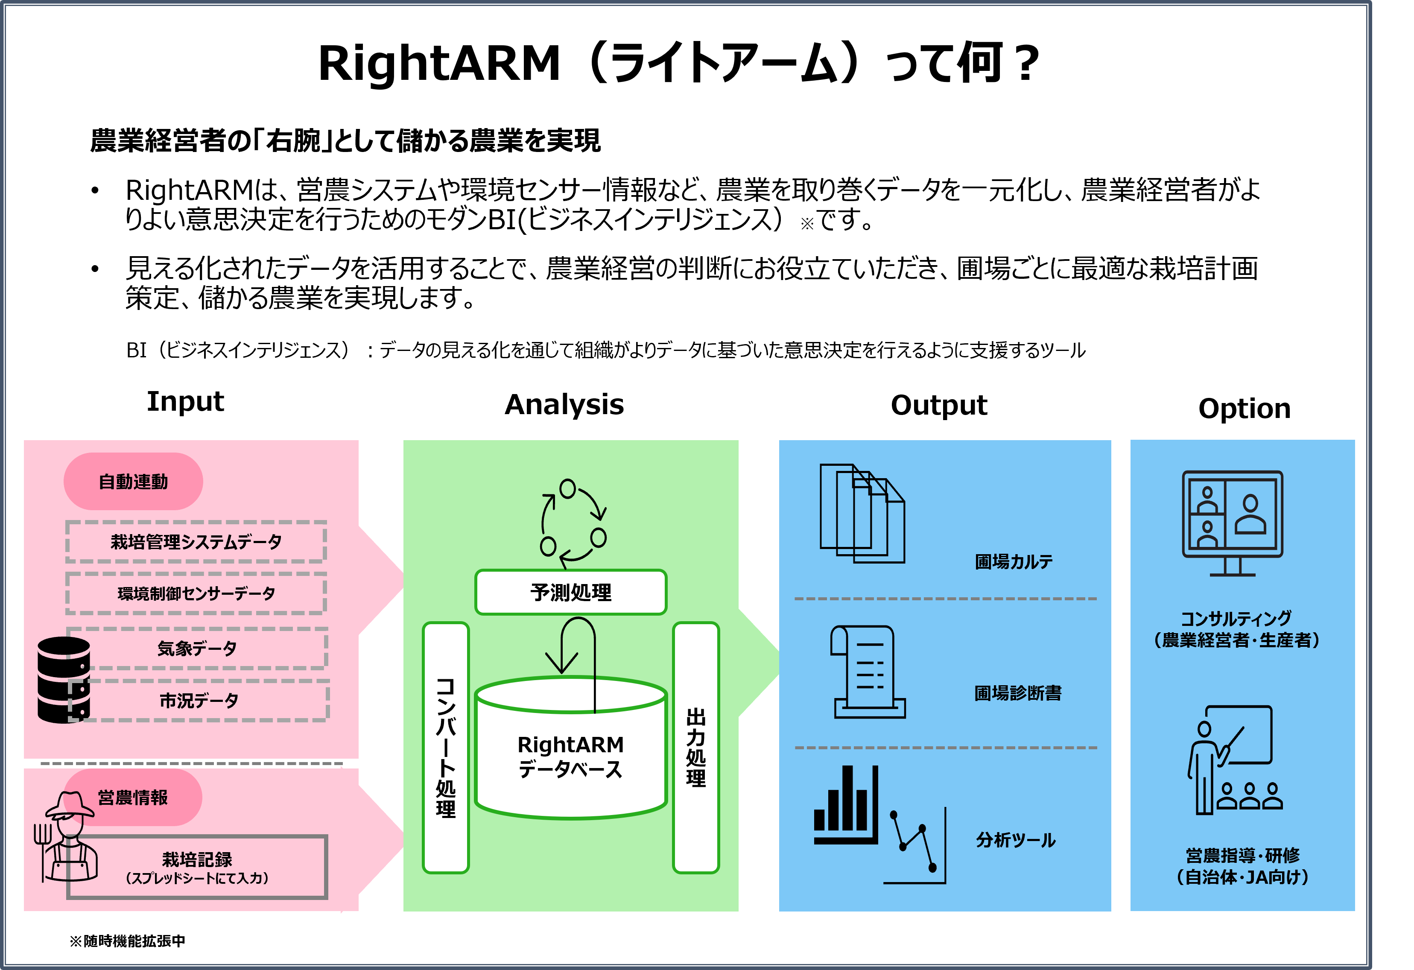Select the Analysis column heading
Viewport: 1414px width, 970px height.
564,405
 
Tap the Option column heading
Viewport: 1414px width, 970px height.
1244,408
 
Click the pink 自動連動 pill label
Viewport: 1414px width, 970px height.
133,481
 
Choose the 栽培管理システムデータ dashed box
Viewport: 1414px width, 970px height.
196,542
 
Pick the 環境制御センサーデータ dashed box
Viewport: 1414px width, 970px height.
196,593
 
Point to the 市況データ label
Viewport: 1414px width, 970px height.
199,701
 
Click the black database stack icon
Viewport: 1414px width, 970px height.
63,679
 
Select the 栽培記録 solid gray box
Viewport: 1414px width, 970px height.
197,867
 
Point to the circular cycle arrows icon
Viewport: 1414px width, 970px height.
573,522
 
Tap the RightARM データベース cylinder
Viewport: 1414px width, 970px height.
571,754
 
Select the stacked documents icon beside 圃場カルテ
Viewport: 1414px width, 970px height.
862,514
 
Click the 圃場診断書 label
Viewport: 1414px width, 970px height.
1017,693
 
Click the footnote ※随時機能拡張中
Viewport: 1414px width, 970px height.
127,941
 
